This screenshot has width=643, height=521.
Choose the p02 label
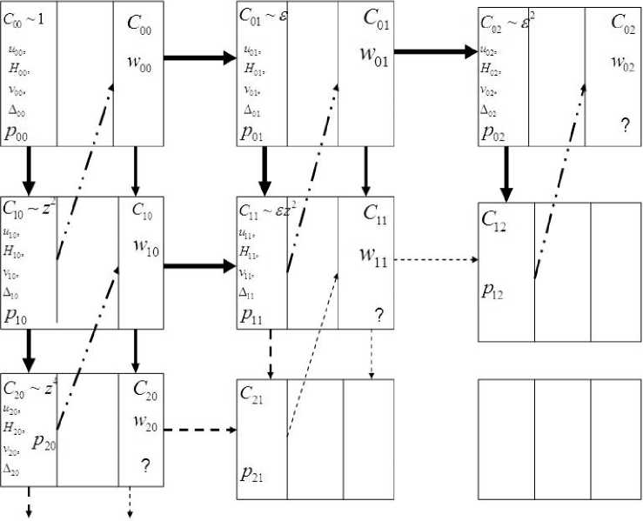493,132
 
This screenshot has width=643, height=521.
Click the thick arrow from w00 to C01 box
199,58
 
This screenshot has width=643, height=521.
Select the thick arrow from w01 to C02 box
436,51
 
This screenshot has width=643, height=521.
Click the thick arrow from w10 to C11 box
199,264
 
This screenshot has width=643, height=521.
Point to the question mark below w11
378,315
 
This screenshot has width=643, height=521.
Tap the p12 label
493,291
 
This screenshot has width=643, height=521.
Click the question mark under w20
144,466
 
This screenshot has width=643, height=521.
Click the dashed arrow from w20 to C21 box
200,430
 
